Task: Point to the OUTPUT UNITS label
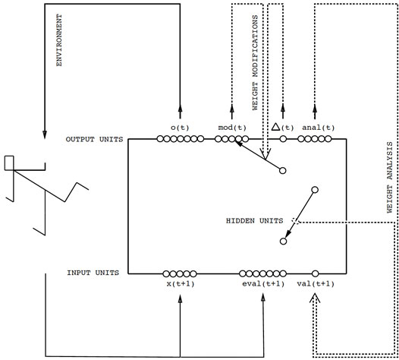tap(91, 140)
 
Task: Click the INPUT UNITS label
tap(93, 272)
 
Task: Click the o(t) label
tap(180, 127)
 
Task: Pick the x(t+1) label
tap(180, 284)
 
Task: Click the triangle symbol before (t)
tap(277, 126)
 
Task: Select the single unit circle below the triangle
tap(284, 140)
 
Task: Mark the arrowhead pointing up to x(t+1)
tap(180, 298)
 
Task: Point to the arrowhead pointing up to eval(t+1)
tap(260, 298)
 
